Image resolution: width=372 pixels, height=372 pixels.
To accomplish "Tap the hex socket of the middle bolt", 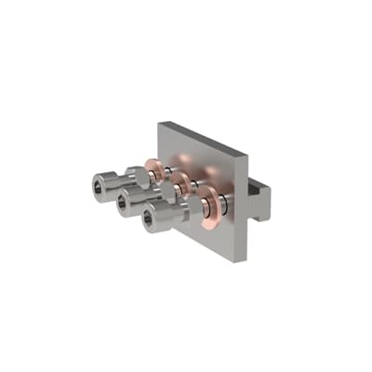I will coord(124,200).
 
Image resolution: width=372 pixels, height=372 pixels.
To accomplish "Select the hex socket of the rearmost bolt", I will coord(100,179).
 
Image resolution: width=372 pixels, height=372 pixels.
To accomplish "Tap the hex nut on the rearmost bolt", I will coord(136,174).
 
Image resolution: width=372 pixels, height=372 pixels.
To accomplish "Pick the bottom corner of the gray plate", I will coord(241,259).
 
